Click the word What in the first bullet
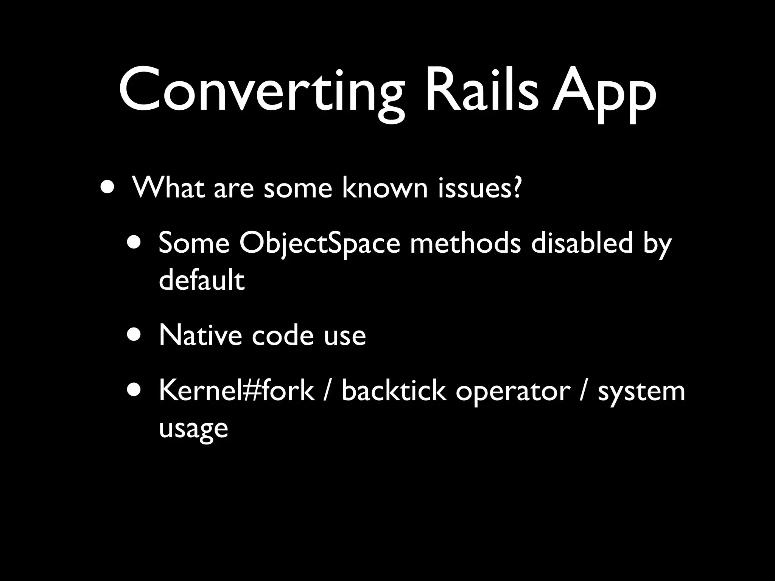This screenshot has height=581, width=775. point(168,187)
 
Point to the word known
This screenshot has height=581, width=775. point(384,187)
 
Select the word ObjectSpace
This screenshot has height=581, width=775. point(320,243)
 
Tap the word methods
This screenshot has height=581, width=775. point(465,243)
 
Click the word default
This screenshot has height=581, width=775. point(202,280)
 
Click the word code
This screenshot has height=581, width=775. point(283,335)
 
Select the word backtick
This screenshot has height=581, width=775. point(394,390)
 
